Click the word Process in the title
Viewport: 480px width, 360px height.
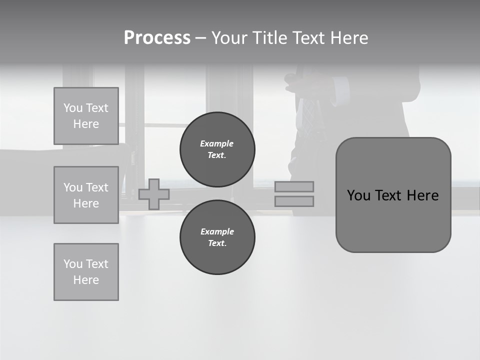coord(157,38)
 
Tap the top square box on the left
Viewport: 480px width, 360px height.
coord(86,116)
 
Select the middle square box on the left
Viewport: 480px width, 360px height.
coord(86,195)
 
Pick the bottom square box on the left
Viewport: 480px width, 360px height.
coord(86,272)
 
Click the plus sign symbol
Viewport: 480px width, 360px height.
coord(154,194)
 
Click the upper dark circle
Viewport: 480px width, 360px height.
coord(217,149)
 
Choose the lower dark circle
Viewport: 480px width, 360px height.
coord(217,237)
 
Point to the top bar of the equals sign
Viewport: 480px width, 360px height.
coord(294,187)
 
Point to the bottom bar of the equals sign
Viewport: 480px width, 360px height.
coord(294,201)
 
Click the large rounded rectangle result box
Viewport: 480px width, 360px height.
coord(393,220)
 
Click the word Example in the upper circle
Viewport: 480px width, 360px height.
coord(216,143)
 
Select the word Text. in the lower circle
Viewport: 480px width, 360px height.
coord(217,243)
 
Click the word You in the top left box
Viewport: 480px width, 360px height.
coord(73,108)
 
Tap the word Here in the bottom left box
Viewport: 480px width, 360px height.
coord(86,280)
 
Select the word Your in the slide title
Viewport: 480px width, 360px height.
coord(229,38)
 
